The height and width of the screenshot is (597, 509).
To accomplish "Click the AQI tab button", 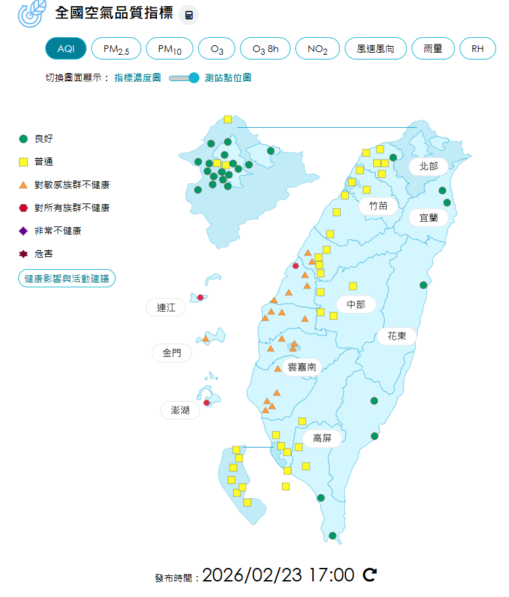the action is (66, 49).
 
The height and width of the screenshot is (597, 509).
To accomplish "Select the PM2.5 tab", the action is (116, 49).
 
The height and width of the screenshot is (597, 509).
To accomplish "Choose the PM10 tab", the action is (170, 49).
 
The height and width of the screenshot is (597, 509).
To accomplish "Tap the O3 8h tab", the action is (265, 49).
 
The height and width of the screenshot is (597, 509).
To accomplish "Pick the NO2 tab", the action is (318, 49).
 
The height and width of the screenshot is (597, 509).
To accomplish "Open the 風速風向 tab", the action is (375, 49).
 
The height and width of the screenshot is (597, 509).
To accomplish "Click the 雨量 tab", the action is (433, 49).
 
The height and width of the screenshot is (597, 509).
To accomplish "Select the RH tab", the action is (478, 49).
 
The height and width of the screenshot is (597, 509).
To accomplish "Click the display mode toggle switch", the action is (184, 78).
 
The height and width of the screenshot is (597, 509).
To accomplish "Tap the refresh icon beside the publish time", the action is (370, 575).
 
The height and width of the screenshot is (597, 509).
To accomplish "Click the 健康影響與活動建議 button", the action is (67, 278).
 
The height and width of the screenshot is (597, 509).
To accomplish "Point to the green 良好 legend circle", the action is (23, 139).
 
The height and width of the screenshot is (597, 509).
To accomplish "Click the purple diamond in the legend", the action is (23, 231).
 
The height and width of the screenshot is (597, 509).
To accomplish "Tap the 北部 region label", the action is (429, 166).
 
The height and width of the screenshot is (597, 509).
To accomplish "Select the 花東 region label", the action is (397, 336).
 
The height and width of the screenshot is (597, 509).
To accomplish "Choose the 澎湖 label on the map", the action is (180, 410).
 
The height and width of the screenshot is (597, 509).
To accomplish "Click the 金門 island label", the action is (172, 353).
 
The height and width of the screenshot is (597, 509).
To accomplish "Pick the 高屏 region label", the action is (322, 438).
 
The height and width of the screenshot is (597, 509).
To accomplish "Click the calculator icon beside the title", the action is (189, 16).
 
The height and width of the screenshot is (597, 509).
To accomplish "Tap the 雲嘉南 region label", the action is (302, 367).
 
